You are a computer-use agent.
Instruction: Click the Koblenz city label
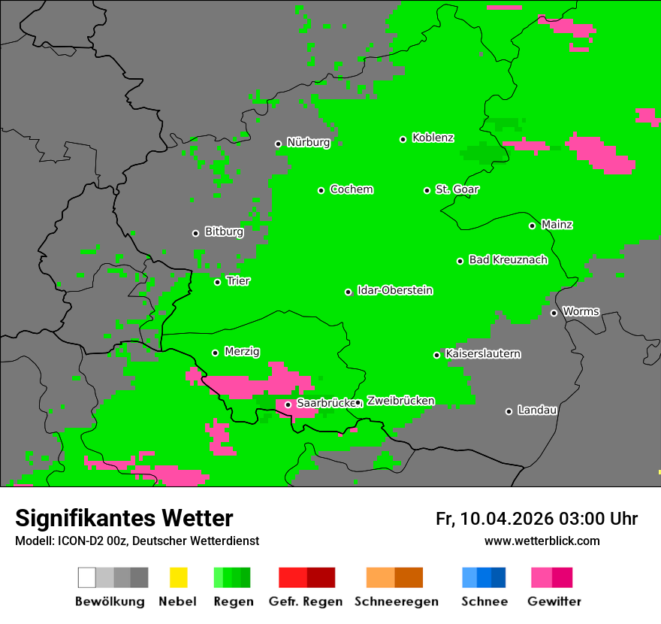433,138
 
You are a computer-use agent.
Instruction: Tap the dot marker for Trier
217,282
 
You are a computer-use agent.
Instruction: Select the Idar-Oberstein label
395,290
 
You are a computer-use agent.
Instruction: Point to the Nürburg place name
308,142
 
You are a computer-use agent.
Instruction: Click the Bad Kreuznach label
508,259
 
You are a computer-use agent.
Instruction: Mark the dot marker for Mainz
532,226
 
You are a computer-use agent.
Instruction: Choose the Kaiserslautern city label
482,353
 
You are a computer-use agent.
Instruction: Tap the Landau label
537,410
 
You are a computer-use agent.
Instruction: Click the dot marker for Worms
554,313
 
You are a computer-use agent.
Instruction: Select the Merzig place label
242,351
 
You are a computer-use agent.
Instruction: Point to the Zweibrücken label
400,401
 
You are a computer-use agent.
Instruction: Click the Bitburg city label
224,232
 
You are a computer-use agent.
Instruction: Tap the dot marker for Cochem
321,190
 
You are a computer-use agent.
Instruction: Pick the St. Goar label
457,189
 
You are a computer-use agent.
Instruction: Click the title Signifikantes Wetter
124,518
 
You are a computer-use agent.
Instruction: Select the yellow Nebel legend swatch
178,577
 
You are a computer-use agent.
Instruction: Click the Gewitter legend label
554,601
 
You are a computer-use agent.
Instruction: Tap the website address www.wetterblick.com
542,541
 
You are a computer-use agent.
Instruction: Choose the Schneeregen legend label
397,601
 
